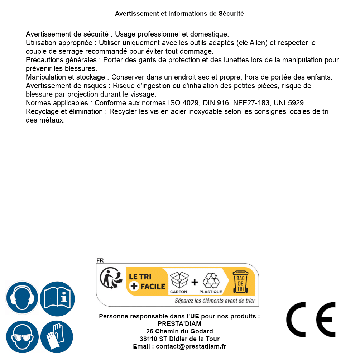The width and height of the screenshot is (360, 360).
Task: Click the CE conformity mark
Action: (311, 320)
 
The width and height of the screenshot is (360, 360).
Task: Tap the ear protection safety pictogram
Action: (22, 298)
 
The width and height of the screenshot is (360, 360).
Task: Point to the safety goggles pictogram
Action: (22, 337)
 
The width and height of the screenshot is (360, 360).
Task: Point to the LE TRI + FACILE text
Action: (147, 282)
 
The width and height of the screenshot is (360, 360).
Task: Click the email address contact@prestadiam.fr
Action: (191, 346)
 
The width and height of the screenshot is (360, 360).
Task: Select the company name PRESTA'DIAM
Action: (179, 324)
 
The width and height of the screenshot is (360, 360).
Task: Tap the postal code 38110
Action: (147, 339)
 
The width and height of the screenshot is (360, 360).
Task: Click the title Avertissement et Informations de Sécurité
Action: (179, 14)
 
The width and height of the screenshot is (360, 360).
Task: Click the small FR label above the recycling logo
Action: (100, 260)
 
